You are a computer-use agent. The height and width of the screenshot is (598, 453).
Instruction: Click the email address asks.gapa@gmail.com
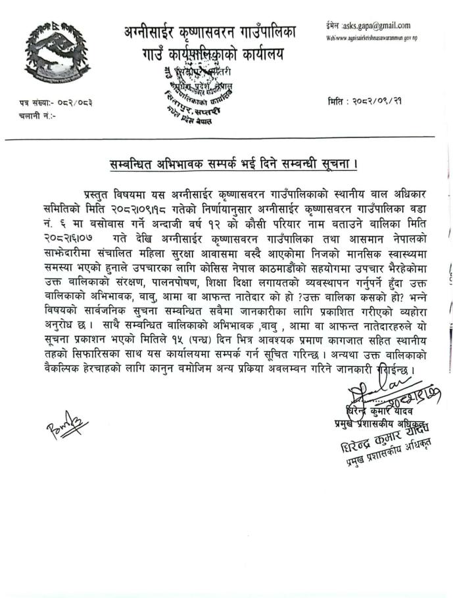pos(382,26)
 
